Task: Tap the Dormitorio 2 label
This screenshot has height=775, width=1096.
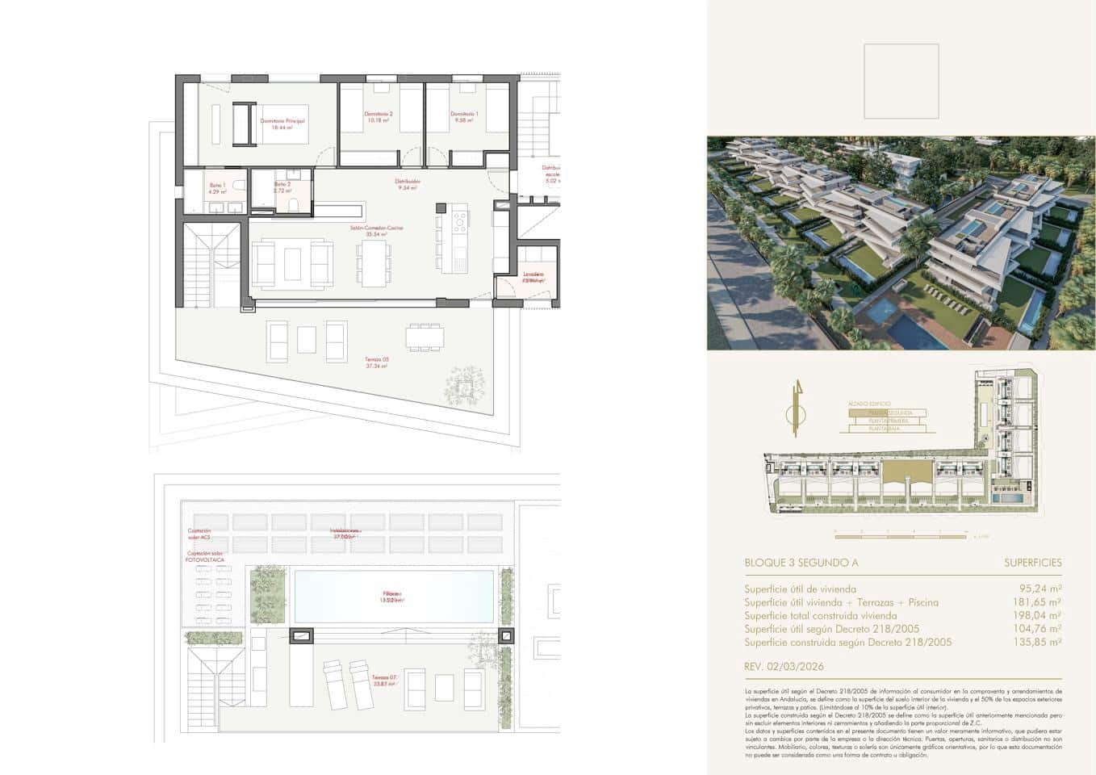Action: (x=378, y=117)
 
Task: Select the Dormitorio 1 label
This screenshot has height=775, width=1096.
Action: (x=464, y=117)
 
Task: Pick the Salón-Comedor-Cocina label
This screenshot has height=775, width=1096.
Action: (x=376, y=231)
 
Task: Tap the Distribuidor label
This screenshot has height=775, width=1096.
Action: (x=408, y=185)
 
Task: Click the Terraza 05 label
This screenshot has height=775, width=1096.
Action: (x=376, y=362)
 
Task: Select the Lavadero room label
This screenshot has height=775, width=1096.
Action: (x=533, y=277)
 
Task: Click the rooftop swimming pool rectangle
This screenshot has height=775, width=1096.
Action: (x=393, y=597)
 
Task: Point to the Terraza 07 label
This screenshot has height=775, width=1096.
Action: (x=383, y=680)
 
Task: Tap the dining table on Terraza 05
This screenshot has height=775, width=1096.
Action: (x=425, y=336)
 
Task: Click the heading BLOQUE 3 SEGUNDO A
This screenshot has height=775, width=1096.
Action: (x=801, y=563)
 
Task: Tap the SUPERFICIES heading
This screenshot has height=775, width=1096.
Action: (x=1032, y=563)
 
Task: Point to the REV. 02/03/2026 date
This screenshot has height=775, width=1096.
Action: (x=784, y=667)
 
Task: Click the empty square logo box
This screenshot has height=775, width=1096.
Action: (x=901, y=82)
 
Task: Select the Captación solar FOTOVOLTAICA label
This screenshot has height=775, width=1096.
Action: (x=204, y=556)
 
